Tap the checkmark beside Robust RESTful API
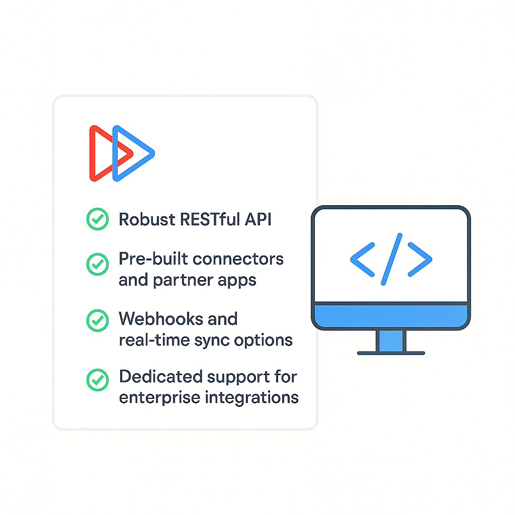pos(97,219)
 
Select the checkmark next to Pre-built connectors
pos(97,264)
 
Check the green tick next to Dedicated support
pos(97,380)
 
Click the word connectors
pos(238,259)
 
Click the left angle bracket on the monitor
pos(362,259)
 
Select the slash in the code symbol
pos(391,259)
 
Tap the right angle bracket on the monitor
pos(420,259)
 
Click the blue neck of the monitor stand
pos(391,340)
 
